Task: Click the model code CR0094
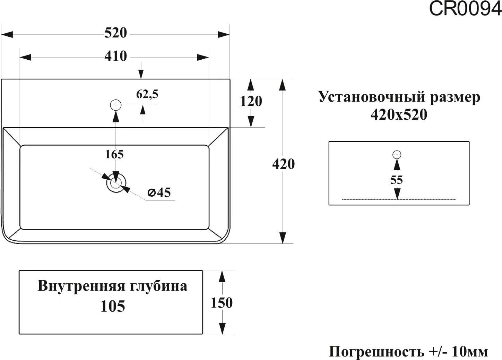coord(465,9)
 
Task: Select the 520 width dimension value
coord(116,33)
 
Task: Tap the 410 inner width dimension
coord(116,56)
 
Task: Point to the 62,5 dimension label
coord(147,94)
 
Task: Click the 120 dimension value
coord(251,101)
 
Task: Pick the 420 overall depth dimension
coord(283,164)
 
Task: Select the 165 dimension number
coord(114,154)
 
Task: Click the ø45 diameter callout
coord(159,192)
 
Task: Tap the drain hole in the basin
coord(116,182)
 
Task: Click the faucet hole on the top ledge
coord(115,105)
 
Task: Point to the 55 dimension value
coord(396,180)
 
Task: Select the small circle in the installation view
coord(397,155)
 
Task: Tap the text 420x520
coord(399,114)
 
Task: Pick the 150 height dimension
coord(222,303)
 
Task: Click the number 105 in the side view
coord(113,306)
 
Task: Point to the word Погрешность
coord(377,352)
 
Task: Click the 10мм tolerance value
coord(470,352)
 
